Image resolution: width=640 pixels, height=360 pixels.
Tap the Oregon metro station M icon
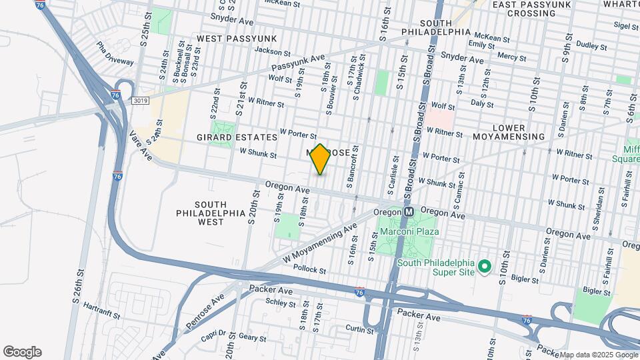coord(409,210)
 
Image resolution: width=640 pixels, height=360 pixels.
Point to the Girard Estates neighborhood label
coord(227,137)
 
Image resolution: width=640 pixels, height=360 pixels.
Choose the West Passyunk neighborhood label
coord(227,39)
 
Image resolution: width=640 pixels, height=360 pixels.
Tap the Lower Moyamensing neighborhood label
coord(518,132)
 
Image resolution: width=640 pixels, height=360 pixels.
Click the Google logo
coord(22,352)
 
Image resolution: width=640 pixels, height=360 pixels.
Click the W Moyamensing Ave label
coord(321,243)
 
